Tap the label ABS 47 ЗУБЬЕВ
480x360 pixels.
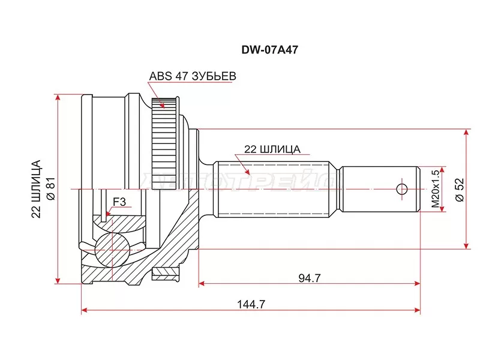click(x=193, y=76)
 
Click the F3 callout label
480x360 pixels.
click(x=119, y=202)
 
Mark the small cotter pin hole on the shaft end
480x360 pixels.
click(x=402, y=189)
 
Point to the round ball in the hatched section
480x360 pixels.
click(x=112, y=247)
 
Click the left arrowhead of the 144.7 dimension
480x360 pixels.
click(x=85, y=311)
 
